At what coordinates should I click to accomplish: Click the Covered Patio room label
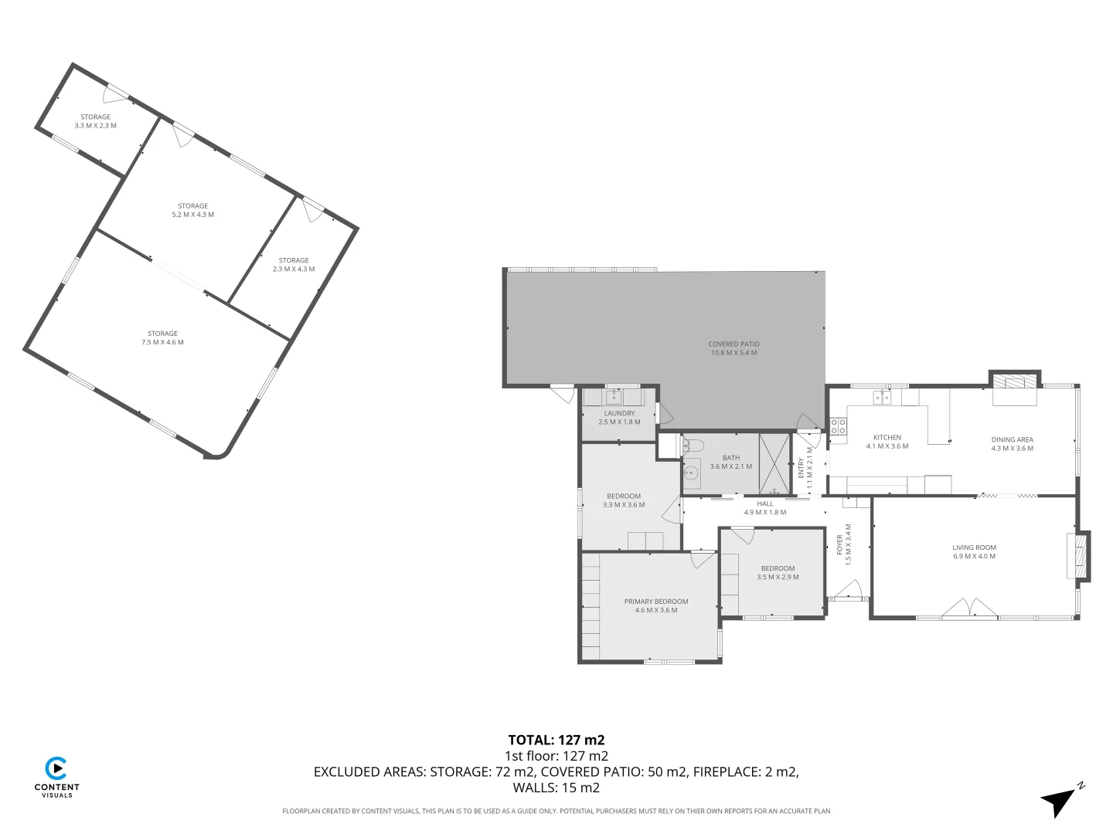[733, 348]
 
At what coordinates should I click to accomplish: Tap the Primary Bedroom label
[655, 605]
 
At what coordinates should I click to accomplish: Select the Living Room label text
[974, 551]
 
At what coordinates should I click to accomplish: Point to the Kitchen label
[887, 442]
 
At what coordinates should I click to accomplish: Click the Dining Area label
[1012, 444]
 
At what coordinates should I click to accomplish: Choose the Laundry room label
[619, 418]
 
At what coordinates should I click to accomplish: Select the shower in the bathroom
[774, 463]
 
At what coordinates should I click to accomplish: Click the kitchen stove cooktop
[838, 426]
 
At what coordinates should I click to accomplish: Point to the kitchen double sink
[883, 398]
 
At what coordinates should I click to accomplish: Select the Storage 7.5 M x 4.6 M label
[162, 337]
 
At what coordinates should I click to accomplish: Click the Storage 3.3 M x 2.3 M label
[95, 121]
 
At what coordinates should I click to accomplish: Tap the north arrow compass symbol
[1061, 800]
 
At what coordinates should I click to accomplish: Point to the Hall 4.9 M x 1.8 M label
[764, 507]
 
